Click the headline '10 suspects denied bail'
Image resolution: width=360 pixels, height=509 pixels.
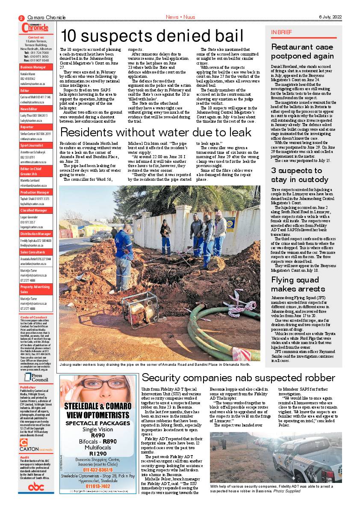pos(152,36)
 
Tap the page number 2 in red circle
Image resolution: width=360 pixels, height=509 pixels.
pos(21,18)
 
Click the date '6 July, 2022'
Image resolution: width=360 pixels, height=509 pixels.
pos(330,17)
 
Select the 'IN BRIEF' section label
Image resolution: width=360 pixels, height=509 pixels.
pos(282,32)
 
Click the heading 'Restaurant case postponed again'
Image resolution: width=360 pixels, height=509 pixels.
pos(302,51)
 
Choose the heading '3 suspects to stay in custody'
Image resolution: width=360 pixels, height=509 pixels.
pos(300,175)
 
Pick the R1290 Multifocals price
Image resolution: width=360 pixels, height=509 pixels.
pos(98,453)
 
